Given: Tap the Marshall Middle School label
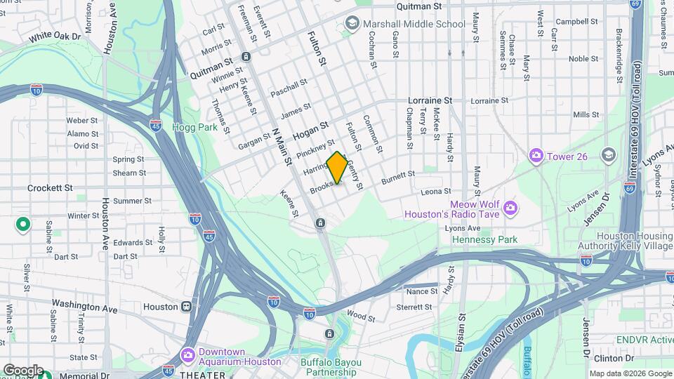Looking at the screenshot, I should coord(414,24).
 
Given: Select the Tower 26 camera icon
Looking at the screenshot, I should coord(536,155).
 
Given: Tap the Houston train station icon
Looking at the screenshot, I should coord(187,307).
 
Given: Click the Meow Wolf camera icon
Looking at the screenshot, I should coord(510,207).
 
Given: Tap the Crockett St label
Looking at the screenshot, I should coord(50,188).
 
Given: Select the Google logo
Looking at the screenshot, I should coord(23,370).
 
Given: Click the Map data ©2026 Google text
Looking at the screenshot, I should coord(630,373).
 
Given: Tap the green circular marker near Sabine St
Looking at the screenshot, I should coord(23,225).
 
